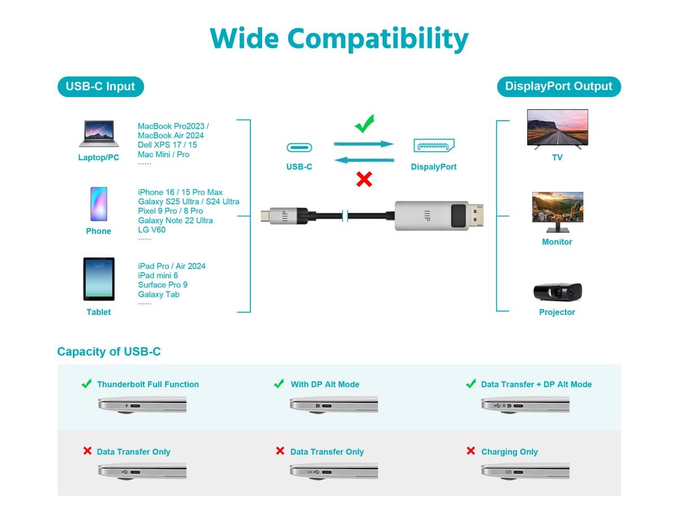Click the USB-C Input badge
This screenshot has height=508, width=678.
(x=101, y=86)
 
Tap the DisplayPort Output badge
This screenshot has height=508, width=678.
(x=558, y=86)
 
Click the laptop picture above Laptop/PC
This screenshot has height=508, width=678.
(x=99, y=134)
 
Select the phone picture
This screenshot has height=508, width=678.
(x=99, y=204)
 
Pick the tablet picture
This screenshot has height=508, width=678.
(x=99, y=279)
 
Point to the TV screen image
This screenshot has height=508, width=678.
(x=557, y=129)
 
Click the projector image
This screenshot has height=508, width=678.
(x=557, y=291)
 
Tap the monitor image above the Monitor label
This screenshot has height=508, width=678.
(x=558, y=212)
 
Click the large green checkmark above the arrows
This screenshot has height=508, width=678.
(x=364, y=124)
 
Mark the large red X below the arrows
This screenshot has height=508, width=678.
(x=364, y=179)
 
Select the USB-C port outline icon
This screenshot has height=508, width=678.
(x=299, y=147)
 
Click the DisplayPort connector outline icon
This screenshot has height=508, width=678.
(x=434, y=145)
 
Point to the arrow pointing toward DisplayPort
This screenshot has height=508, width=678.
(x=363, y=144)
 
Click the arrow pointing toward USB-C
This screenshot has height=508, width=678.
(x=364, y=160)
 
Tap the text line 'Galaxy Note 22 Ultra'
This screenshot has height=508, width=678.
(x=175, y=220)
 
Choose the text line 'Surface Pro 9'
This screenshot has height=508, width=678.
(x=163, y=284)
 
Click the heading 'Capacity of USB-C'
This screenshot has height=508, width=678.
(x=108, y=351)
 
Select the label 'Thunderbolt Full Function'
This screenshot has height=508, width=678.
(x=148, y=384)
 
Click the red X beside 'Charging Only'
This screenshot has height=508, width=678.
(x=471, y=450)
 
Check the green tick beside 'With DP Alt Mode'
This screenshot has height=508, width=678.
(x=279, y=383)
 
